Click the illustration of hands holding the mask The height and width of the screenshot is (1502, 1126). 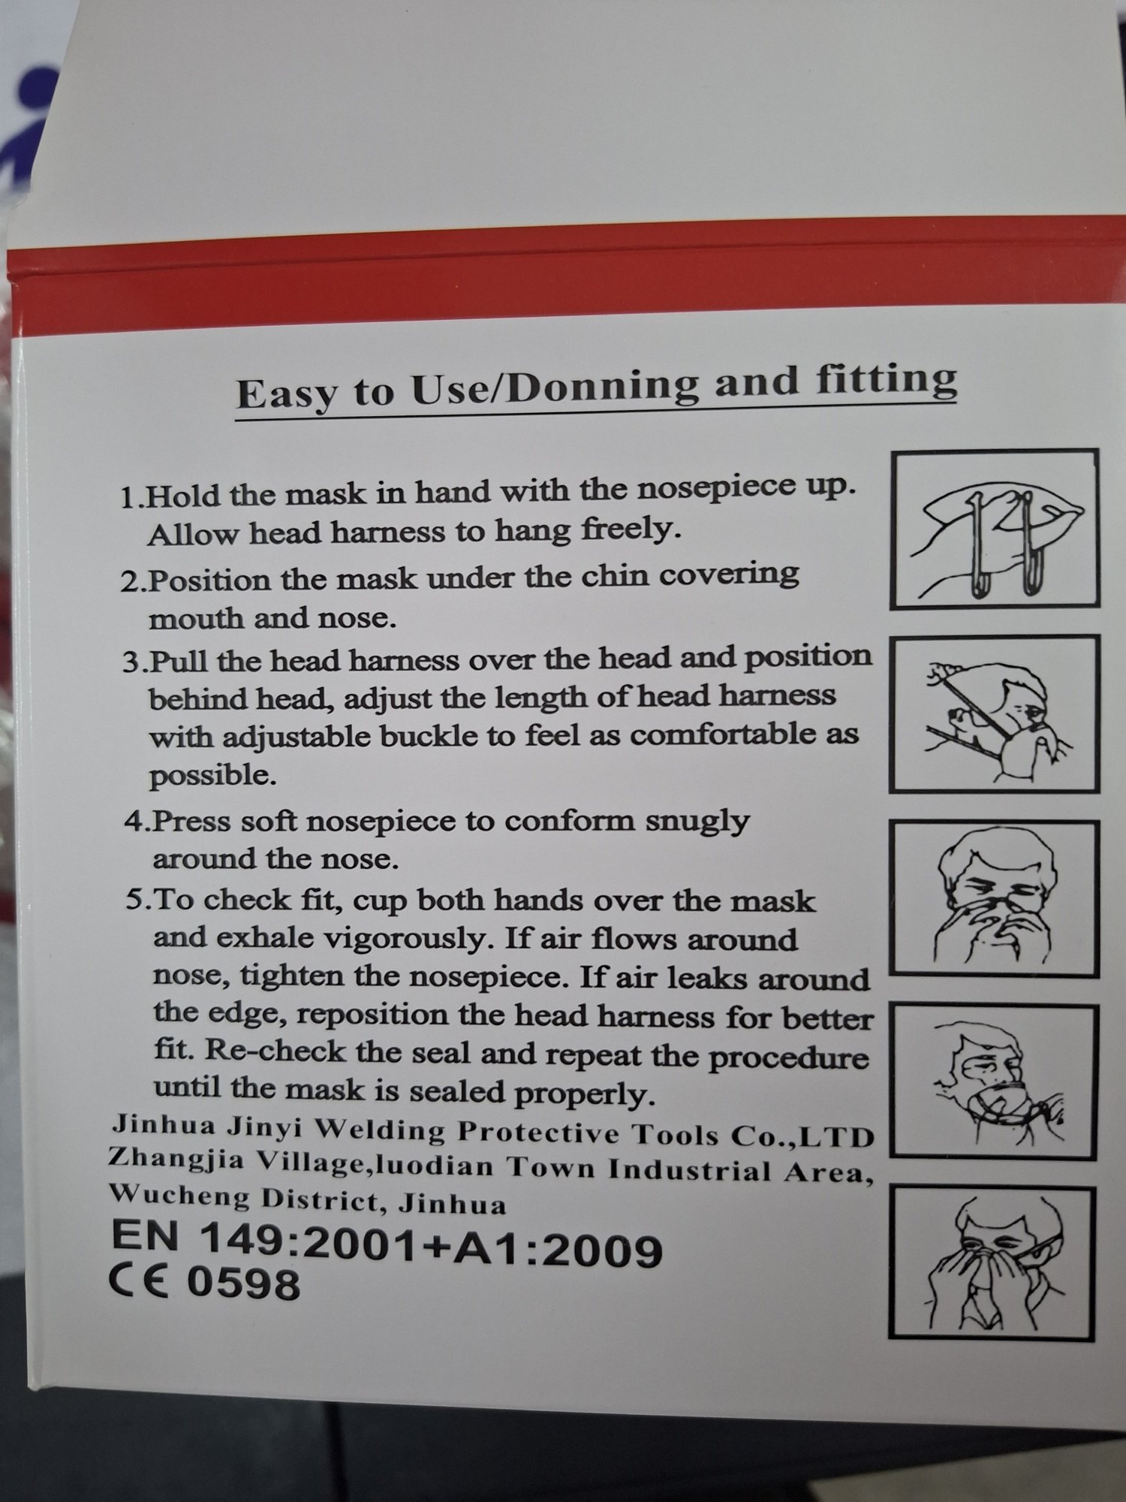995,529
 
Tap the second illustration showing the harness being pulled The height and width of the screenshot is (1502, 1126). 995,714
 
